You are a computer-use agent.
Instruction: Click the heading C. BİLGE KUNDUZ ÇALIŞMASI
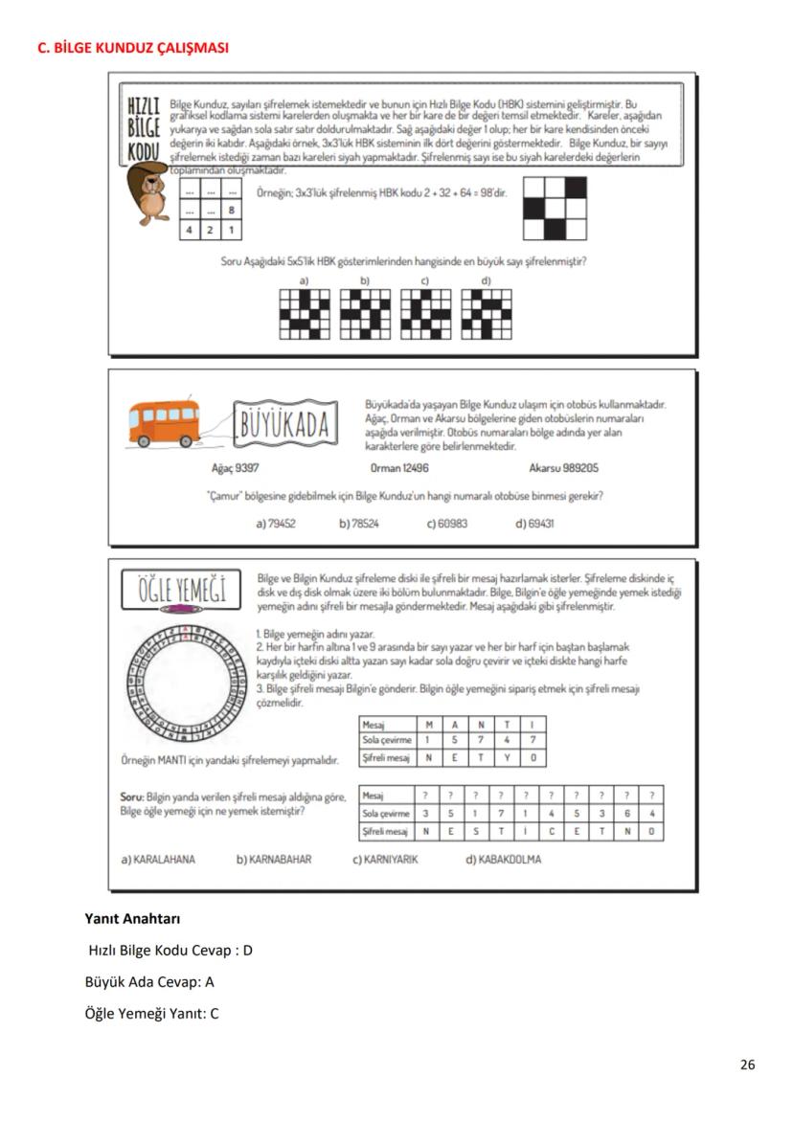pos(132,47)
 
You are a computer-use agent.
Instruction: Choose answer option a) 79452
pos(276,524)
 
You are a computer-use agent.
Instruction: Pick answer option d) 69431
pos(533,524)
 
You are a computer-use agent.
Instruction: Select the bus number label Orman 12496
pos(399,468)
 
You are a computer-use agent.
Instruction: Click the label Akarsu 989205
pos(564,468)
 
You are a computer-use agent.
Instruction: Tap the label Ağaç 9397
pos(235,468)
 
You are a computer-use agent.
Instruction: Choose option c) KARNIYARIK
pos(385,859)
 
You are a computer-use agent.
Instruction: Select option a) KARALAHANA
pos(158,859)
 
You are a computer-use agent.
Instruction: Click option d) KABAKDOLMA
pos(503,859)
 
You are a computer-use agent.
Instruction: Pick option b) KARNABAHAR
pos(274,859)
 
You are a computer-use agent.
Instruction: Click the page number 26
pos(747,1065)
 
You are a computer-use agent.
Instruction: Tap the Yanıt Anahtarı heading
pos(133,919)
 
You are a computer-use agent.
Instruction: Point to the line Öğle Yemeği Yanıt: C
pos(152,1012)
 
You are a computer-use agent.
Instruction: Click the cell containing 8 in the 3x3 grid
pos(232,211)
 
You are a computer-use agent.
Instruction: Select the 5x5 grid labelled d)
pos(486,314)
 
